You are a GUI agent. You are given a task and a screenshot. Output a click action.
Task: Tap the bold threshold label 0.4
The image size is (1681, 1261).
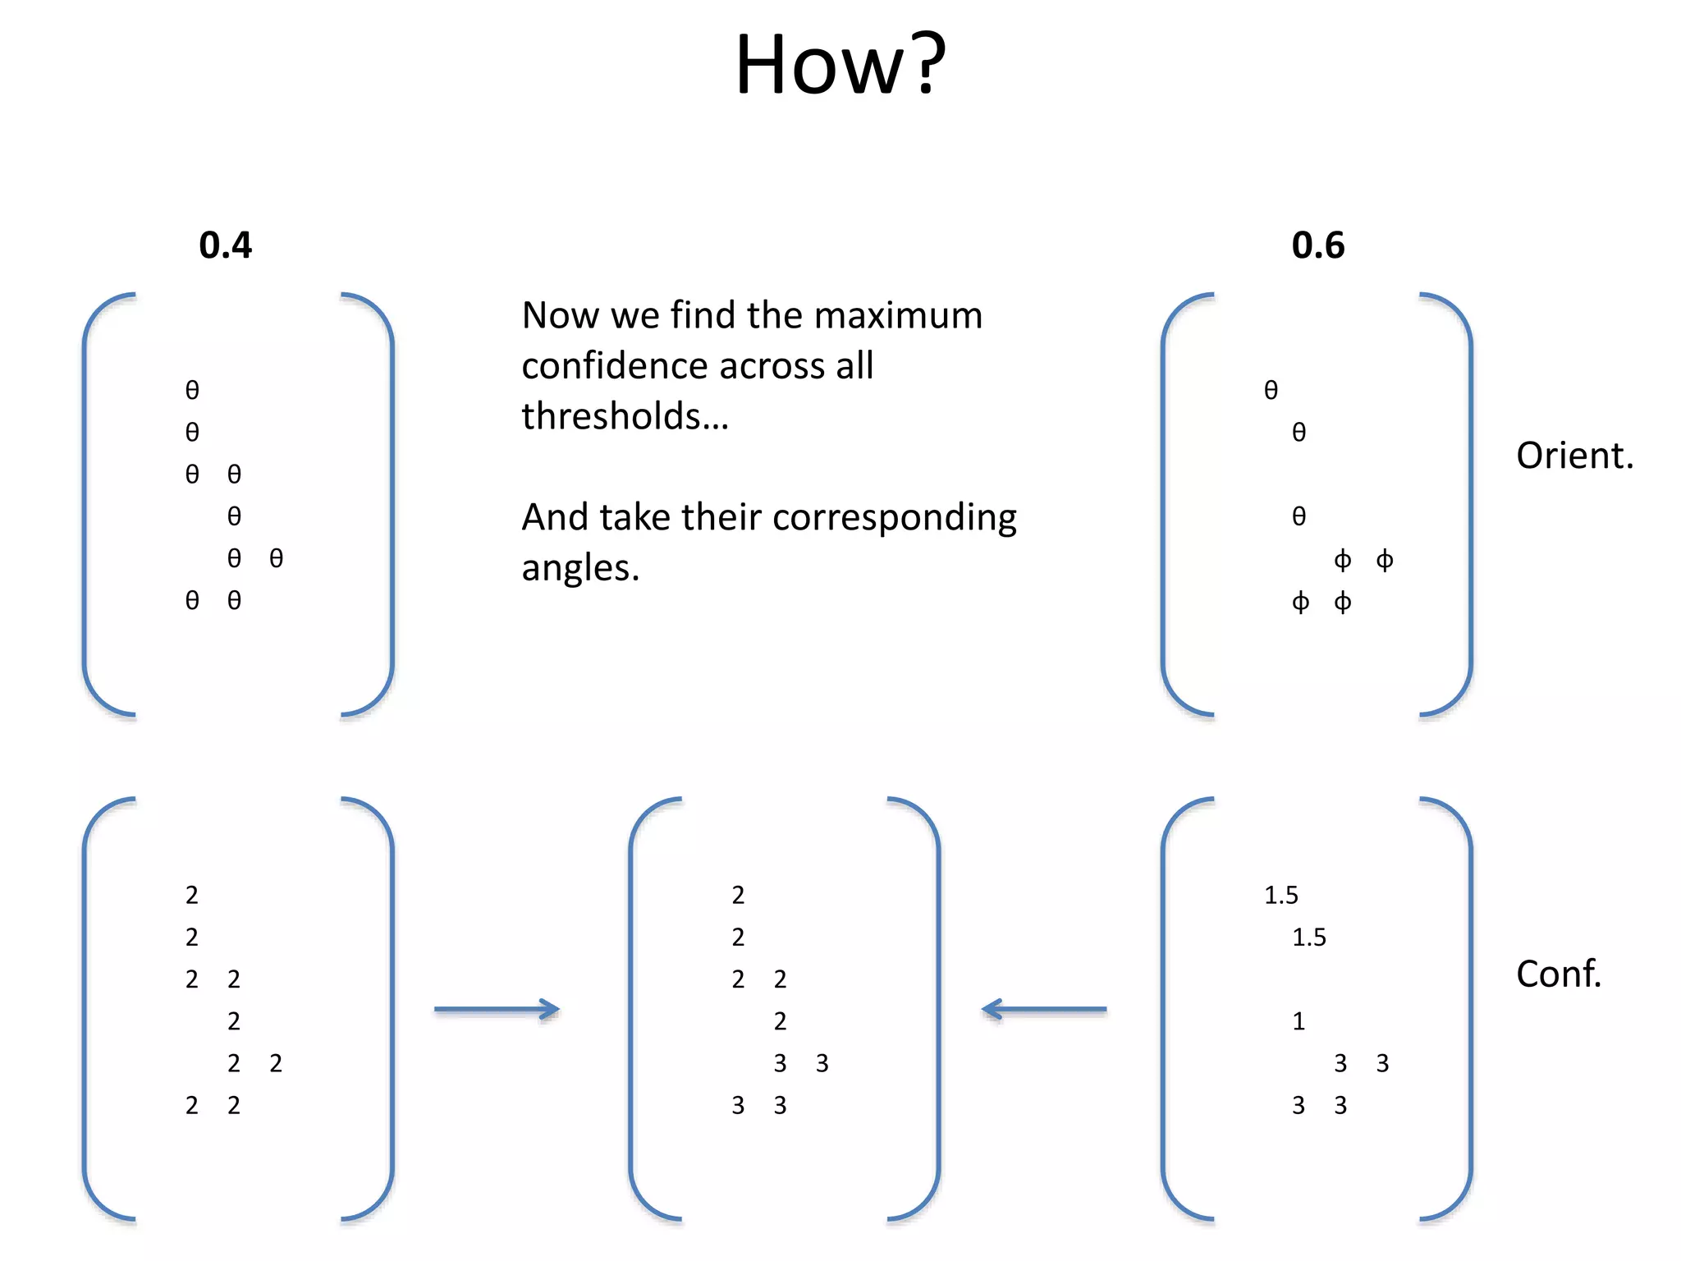pyautogui.click(x=225, y=245)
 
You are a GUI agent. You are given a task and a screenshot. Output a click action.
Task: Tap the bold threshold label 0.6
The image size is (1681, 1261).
pyautogui.click(x=1317, y=245)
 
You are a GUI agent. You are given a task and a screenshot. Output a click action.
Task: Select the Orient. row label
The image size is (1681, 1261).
pyautogui.click(x=1574, y=456)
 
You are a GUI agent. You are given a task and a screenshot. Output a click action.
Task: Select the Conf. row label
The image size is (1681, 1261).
pyautogui.click(x=1558, y=974)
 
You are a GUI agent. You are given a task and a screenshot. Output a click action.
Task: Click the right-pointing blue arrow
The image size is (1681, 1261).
pyautogui.click(x=497, y=1009)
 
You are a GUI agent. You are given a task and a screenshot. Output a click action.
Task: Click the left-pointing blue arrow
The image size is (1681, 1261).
pyautogui.click(x=1043, y=1009)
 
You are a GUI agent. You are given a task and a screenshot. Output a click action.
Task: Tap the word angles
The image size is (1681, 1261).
pyautogui.click(x=579, y=568)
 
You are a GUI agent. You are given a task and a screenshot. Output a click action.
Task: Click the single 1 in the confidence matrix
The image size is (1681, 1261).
pyautogui.click(x=1299, y=1021)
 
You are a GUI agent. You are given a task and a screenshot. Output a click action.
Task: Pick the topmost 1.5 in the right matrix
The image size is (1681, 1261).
pyautogui.click(x=1280, y=895)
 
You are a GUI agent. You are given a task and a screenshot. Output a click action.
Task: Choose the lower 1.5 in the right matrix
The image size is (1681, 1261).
pyautogui.click(x=1308, y=937)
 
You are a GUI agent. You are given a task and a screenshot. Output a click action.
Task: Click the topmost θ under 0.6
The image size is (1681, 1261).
pyautogui.click(x=1271, y=390)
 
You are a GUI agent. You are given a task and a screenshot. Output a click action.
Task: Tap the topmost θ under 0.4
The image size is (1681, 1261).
pyautogui.click(x=192, y=390)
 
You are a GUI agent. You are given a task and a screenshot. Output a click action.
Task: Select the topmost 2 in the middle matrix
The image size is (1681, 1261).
pyautogui.click(x=738, y=895)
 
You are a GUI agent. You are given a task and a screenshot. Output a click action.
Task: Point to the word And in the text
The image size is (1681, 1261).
pyautogui.click(x=555, y=518)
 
